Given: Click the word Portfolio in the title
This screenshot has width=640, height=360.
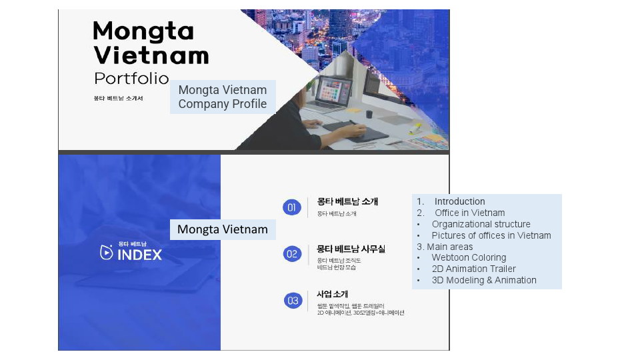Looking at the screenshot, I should point(131,78).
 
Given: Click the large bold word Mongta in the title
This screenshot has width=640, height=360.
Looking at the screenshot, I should point(143,31).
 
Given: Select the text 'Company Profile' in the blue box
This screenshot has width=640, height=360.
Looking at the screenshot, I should point(222,104).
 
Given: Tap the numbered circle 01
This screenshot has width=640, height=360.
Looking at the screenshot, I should point(292,207).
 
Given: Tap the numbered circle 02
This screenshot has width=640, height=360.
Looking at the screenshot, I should point(292,253).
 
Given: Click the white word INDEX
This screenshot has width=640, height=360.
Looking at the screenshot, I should point(139,255).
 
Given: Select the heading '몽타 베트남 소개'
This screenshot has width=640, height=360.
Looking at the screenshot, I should point(347,201).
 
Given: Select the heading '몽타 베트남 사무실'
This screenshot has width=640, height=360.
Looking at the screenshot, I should point(351,248).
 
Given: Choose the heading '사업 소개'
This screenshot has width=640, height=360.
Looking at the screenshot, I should point(333,294).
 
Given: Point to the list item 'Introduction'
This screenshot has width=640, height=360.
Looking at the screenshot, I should point(459,201).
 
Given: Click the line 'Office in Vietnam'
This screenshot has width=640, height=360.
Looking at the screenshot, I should point(469,213).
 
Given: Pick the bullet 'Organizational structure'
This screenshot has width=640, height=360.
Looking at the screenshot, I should point(481,224).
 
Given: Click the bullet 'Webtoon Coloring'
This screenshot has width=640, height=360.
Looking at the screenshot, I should point(469,257).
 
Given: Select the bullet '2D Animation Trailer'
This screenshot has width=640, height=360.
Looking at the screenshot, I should point(473,269).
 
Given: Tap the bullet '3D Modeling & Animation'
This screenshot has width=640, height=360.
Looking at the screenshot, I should point(483,280).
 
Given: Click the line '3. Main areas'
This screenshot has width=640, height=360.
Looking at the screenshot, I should point(445,247).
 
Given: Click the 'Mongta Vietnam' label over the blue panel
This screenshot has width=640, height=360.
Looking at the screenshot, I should point(222,229).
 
